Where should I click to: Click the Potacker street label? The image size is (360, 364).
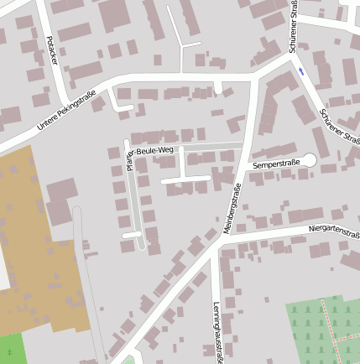52,51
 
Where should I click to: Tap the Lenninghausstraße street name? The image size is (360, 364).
217,332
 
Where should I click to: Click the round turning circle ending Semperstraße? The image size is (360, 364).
309,159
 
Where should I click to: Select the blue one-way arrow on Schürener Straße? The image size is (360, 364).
300,71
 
